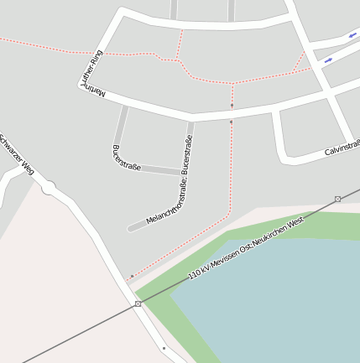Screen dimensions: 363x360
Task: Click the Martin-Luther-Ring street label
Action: click(x=96, y=74)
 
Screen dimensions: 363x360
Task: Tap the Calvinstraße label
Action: click(x=342, y=148)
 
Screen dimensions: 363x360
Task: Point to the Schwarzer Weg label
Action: click(x=17, y=154)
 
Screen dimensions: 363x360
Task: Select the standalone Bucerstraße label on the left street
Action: click(x=126, y=160)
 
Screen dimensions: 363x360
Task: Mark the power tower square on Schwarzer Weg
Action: click(x=138, y=303)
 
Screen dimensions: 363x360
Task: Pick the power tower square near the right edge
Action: click(x=337, y=199)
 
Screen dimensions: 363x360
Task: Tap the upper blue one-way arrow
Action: click(x=352, y=35)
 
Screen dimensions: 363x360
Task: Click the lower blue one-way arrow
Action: click(x=328, y=60)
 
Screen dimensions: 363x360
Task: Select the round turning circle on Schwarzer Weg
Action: click(x=49, y=189)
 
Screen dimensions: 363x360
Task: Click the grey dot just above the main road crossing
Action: click(x=232, y=106)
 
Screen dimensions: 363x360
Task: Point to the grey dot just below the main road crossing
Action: click(x=232, y=122)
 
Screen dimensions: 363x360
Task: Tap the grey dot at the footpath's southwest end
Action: click(x=132, y=276)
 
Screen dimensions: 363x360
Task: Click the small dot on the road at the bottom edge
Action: click(x=164, y=347)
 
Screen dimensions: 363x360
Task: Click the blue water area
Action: click(x=277, y=302)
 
